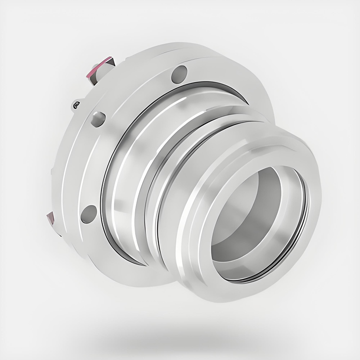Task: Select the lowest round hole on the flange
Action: [x=89, y=213]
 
